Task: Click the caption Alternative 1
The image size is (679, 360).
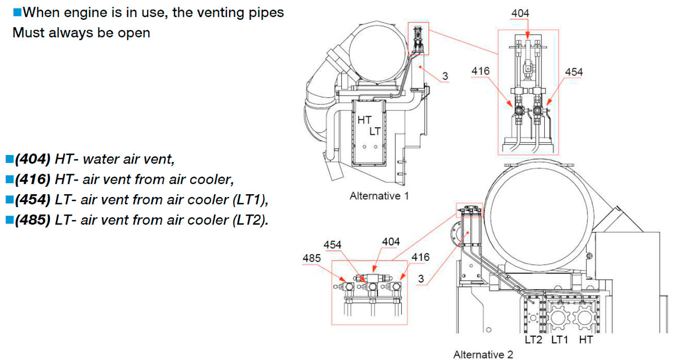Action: point(380,196)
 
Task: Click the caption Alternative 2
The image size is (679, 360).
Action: point(483,354)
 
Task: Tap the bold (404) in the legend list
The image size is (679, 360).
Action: point(32,159)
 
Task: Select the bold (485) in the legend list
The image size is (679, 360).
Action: point(32,220)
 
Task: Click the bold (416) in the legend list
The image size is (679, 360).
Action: point(32,179)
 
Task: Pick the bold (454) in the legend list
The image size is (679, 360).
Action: point(32,200)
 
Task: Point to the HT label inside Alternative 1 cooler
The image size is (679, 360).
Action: point(364,120)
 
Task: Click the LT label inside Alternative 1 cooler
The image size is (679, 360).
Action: point(375,131)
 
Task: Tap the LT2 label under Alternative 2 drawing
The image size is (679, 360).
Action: point(533,340)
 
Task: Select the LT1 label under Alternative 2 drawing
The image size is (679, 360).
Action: point(560,340)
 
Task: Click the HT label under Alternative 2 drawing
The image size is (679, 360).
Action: point(587,340)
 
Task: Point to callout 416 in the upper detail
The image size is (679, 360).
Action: point(482,71)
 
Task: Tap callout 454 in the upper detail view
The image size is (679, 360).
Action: point(573,72)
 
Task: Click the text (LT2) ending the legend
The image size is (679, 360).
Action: point(249,220)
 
